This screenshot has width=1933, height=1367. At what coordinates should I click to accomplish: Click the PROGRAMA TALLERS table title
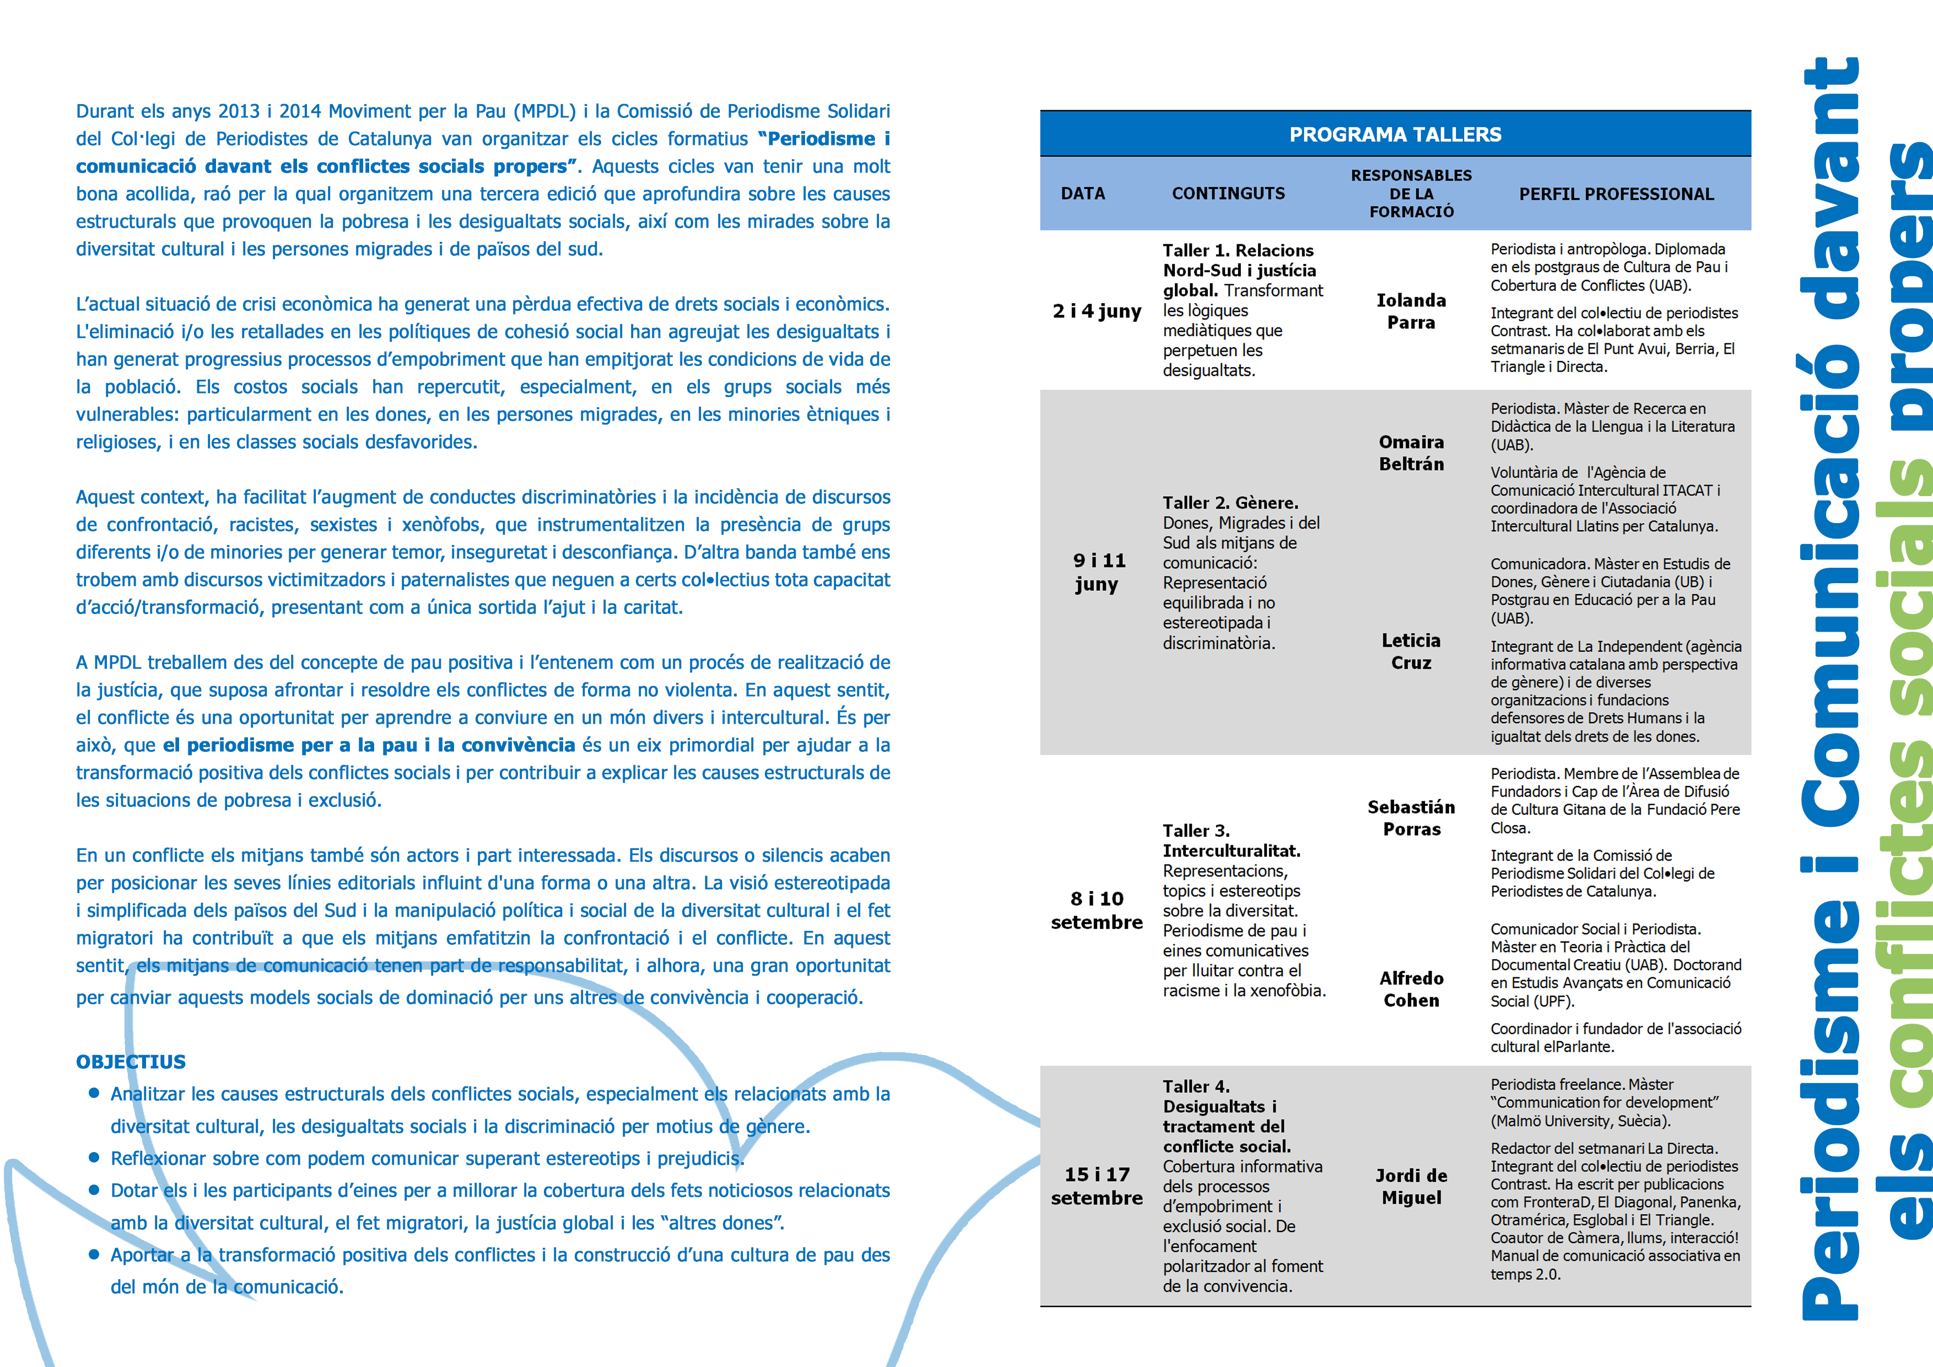[x=1395, y=134]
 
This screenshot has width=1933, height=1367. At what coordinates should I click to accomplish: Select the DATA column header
[x=1083, y=193]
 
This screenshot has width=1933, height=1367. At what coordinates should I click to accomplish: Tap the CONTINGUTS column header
[x=1228, y=193]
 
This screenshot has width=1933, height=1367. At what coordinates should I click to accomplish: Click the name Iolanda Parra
[x=1411, y=311]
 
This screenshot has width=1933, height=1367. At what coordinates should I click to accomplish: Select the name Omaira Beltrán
[x=1411, y=453]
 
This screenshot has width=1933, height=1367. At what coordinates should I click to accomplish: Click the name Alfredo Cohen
[x=1411, y=989]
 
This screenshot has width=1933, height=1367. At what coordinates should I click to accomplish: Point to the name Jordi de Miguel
[x=1411, y=1186]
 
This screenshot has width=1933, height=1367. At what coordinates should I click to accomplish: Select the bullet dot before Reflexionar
[x=94, y=1158]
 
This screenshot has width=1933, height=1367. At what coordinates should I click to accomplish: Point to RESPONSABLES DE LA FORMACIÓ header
[x=1411, y=193]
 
